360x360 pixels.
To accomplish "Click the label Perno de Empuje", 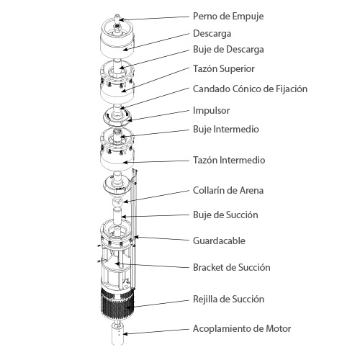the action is coord(228,17).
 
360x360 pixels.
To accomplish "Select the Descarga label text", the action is coord(212,34).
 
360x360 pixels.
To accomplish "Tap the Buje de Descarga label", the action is coord(228,50).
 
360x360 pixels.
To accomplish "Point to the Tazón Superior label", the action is coord(224,69).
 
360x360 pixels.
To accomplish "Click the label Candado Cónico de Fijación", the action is coord(250,89).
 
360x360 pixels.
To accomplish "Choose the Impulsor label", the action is coord(211,111).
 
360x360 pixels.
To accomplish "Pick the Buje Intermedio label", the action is coord(226,129).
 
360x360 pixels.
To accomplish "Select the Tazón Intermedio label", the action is coord(229,160).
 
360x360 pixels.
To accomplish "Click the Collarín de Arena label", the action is coord(228,190).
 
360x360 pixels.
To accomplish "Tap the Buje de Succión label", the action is coord(225,215).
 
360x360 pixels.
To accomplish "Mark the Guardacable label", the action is coord(219,240).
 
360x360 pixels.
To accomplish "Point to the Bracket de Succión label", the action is coord(232,267).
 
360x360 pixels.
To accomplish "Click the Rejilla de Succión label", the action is coord(229,300).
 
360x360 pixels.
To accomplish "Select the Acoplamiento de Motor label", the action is coord(242,329).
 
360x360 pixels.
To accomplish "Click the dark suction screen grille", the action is coord(117,304).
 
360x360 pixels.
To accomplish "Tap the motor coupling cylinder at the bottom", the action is coord(117,334).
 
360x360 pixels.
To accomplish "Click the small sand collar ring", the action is coord(117,201).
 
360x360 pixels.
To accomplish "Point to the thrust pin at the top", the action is coord(117,18).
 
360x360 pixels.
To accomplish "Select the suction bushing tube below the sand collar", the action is coord(117,217).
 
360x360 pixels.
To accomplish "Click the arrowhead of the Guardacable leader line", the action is coord(136,238).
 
